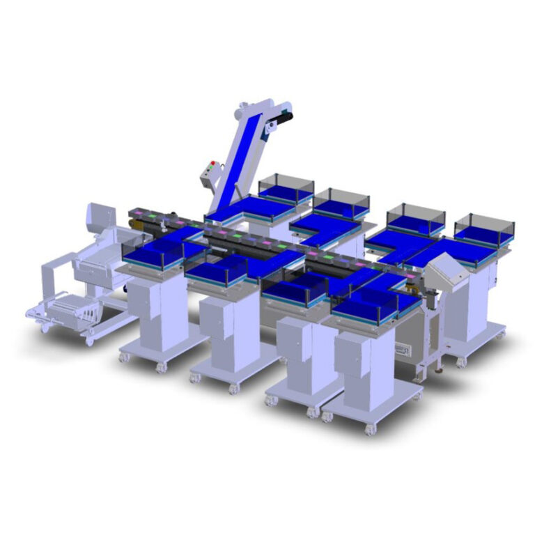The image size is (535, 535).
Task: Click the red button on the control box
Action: [211, 166]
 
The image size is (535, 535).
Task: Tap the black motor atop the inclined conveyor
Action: [283, 118]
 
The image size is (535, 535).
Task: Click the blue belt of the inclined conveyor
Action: [238, 167]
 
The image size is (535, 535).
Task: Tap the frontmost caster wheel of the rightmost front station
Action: [370, 429]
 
